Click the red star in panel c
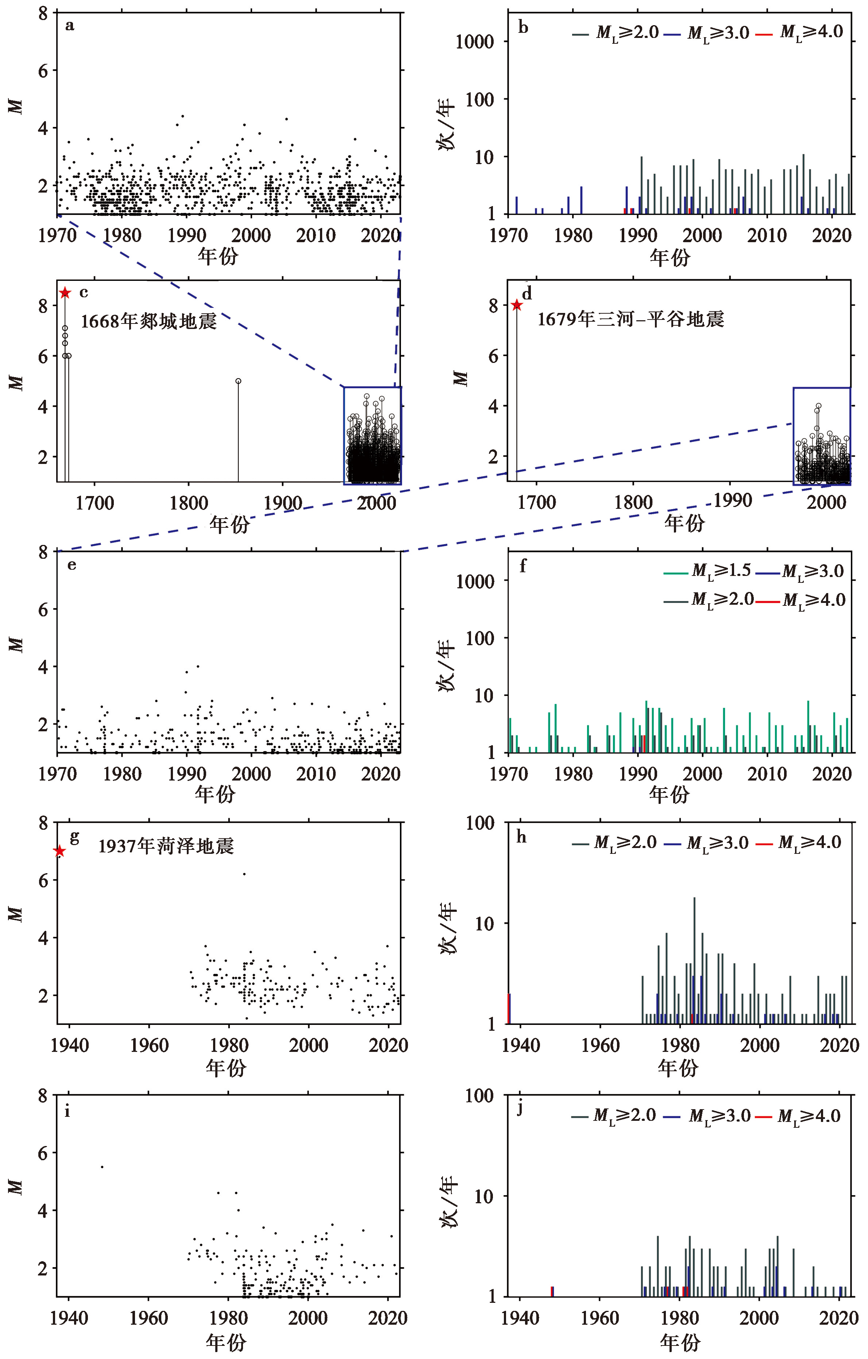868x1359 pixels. click(x=65, y=293)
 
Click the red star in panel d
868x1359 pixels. click(x=516, y=305)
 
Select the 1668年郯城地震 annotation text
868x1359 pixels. click(x=148, y=321)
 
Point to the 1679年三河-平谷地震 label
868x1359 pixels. click(x=630, y=320)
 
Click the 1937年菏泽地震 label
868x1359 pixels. click(x=166, y=846)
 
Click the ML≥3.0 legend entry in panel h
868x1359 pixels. click(x=706, y=843)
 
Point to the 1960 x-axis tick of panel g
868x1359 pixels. click(x=149, y=1045)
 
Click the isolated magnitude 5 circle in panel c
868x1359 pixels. click(x=238, y=381)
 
